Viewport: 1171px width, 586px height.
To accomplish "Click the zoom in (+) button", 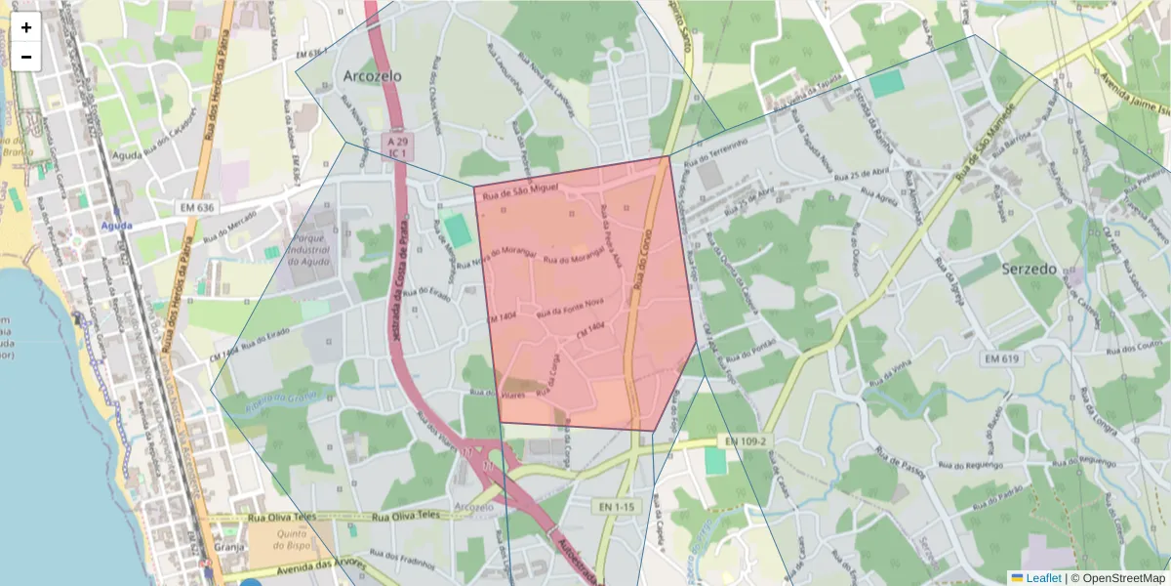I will tap(26, 27).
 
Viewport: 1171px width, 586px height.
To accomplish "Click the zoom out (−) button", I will tap(26, 57).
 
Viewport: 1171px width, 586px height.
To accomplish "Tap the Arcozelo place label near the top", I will tap(372, 75).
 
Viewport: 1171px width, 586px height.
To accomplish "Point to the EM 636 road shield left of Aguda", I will tap(196, 208).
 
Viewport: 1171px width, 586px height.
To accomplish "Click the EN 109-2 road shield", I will tap(744, 441).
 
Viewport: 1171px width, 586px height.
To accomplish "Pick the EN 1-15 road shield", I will tap(618, 506).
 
